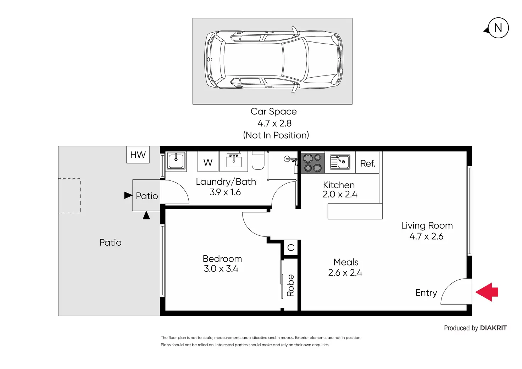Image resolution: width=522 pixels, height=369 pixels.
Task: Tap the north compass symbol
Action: click(x=497, y=28)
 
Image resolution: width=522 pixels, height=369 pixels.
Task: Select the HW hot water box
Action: click(x=138, y=155)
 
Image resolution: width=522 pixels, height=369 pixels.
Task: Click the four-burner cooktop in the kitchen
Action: click(x=313, y=163)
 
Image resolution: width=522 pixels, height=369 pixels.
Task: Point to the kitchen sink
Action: click(x=340, y=162)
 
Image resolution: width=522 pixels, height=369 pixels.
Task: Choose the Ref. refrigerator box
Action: click(x=367, y=162)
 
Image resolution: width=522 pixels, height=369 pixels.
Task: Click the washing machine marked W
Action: click(x=208, y=161)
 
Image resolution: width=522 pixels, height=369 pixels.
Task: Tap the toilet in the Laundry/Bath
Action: click(x=258, y=160)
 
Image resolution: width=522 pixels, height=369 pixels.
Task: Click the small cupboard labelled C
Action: click(x=291, y=247)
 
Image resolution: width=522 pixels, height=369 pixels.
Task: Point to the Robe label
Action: click(x=290, y=285)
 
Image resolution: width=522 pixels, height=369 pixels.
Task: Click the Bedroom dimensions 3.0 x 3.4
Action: click(x=221, y=269)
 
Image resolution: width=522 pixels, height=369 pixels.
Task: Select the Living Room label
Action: click(x=427, y=225)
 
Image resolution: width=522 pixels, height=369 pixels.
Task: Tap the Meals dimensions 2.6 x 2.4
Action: click(x=345, y=273)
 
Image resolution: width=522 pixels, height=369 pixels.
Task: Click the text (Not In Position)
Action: click(x=276, y=135)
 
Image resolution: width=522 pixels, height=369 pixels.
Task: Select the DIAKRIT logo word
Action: click(x=493, y=328)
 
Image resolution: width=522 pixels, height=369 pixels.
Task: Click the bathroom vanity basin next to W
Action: click(x=233, y=161)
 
